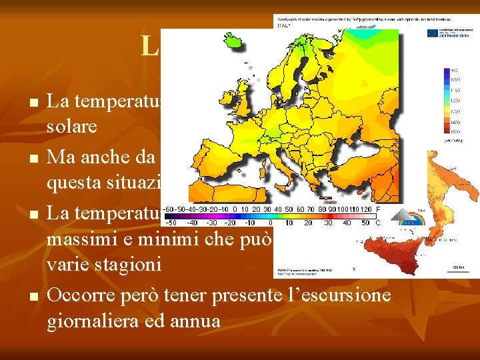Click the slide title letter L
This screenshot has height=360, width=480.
point(149,46)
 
